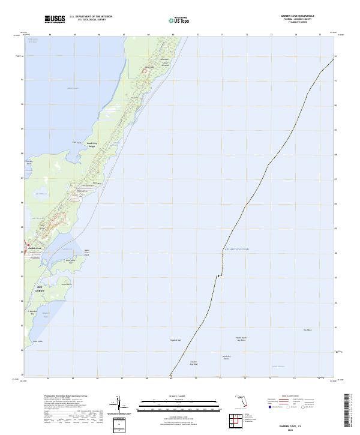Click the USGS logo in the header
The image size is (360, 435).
point(56,19)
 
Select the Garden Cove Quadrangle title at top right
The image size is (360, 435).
point(298,16)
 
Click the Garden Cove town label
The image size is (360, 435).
point(34,248)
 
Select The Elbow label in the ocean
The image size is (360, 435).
point(308,329)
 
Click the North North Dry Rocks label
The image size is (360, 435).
point(241,339)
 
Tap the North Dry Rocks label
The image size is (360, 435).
point(226,358)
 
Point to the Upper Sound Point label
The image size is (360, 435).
point(86,252)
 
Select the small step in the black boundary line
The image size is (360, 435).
point(220,275)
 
